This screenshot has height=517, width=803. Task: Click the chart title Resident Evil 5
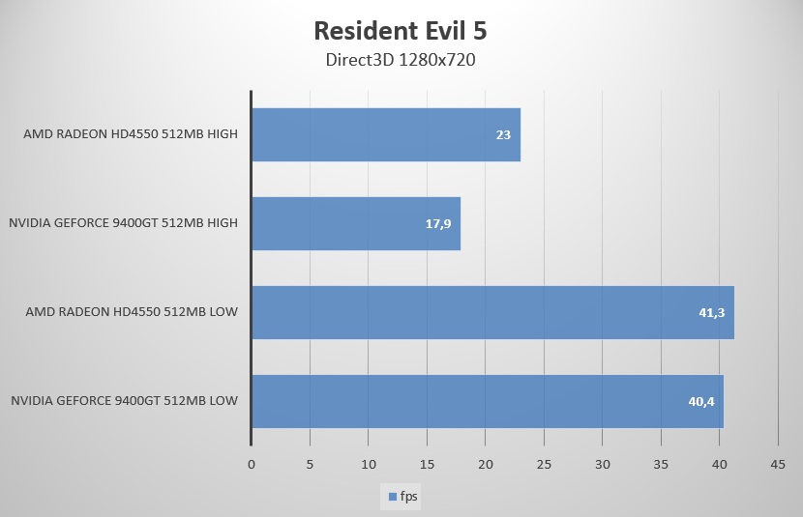click(401, 31)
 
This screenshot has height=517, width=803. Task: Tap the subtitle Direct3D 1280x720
click(401, 60)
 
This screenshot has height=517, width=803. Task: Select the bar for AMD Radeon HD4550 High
click(386, 134)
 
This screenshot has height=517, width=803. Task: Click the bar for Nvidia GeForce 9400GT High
click(356, 223)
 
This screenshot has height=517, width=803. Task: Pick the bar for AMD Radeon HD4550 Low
click(492, 312)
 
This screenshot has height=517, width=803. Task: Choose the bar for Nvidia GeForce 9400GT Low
click(488, 401)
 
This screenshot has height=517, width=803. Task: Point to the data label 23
click(503, 134)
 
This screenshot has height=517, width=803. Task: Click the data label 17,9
click(439, 223)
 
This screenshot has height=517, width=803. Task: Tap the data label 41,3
click(712, 312)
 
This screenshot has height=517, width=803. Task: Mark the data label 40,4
click(701, 401)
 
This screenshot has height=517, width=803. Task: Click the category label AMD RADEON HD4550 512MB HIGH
click(131, 134)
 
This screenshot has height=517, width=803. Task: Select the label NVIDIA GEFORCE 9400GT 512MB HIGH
click(123, 223)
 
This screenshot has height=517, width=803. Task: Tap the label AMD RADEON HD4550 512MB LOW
click(131, 312)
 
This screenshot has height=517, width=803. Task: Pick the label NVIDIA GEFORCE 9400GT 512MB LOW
click(124, 401)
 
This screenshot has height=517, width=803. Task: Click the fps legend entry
click(404, 497)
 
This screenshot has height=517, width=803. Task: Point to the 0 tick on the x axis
click(252, 465)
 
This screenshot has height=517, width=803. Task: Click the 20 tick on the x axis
click(485, 465)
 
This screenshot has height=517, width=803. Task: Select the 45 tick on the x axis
click(778, 465)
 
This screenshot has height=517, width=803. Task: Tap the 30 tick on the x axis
click(602, 465)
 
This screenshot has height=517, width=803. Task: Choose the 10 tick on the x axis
click(368, 465)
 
